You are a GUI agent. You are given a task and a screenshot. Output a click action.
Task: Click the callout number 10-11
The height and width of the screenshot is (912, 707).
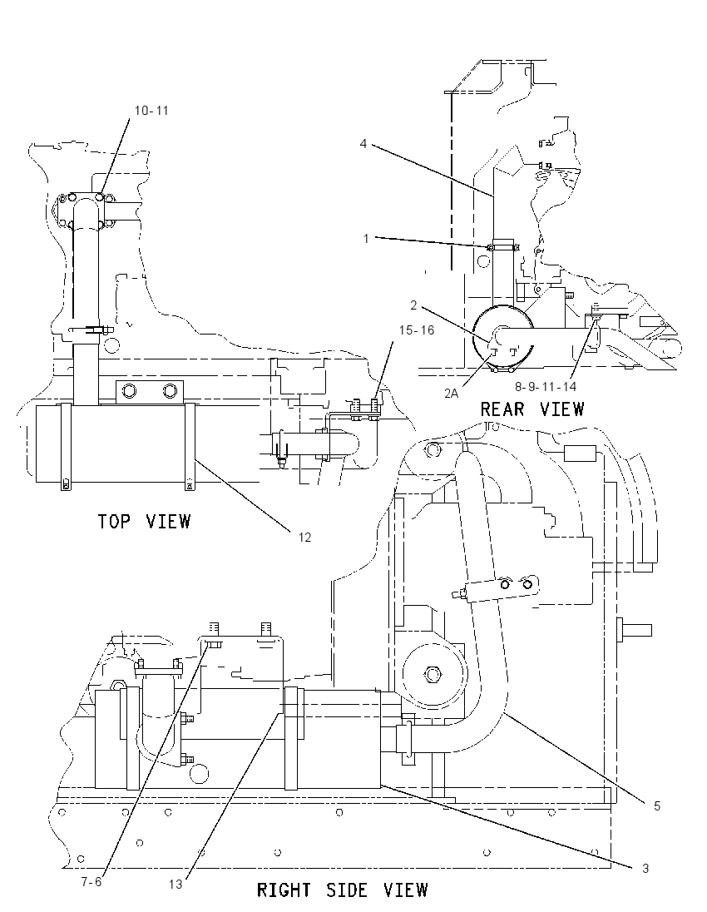click(151, 111)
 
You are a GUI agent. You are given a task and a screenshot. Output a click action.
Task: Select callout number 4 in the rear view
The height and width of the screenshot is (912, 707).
click(363, 144)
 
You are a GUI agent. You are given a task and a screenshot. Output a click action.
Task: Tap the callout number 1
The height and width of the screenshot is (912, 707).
click(366, 239)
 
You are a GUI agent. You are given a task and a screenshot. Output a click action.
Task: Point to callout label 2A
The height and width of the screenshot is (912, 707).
click(451, 394)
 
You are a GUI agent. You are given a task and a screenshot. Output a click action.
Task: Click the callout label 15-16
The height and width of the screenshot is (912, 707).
click(416, 330)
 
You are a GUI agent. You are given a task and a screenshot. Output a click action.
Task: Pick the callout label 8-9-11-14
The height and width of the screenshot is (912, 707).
click(546, 386)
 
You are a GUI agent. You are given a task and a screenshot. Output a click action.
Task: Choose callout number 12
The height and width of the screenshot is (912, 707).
click(304, 538)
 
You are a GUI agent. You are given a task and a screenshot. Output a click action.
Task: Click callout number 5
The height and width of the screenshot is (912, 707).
click(657, 806)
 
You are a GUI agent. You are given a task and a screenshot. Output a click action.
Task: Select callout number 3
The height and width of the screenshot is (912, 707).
click(645, 869)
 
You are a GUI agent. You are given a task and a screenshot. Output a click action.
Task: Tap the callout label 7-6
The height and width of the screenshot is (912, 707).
click(91, 882)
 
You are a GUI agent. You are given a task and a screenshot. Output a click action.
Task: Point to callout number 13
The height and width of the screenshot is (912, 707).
click(176, 884)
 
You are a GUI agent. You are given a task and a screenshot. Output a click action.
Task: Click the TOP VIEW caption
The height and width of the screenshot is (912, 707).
click(144, 521)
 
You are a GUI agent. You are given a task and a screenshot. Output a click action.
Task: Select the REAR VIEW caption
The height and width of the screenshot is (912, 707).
click(532, 409)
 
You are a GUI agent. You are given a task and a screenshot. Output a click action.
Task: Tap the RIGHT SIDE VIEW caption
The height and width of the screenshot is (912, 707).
click(343, 890)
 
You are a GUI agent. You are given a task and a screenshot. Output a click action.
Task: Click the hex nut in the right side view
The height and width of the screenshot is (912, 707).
click(432, 675)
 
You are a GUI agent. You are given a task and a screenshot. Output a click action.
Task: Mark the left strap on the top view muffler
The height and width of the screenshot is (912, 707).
click(65, 447)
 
